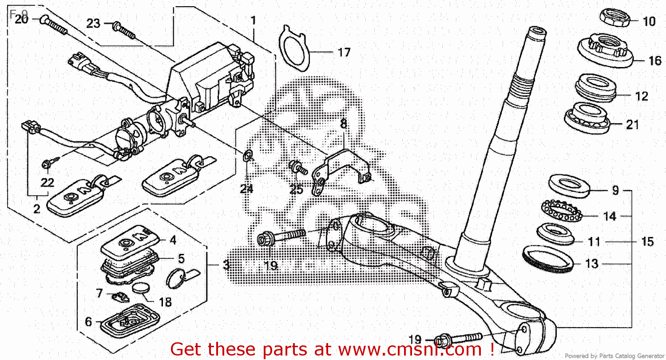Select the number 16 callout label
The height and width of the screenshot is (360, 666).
pyautogui.click(x=655, y=60)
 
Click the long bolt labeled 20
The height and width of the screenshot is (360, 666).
pyautogui.click(x=54, y=25)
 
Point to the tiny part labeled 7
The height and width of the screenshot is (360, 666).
pyautogui.click(x=120, y=295)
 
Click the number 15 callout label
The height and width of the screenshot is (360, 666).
pyautogui.click(x=647, y=242)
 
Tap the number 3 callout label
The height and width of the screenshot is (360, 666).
pyautogui.click(x=226, y=266)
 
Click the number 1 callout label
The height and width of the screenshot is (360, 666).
pyautogui.click(x=253, y=20)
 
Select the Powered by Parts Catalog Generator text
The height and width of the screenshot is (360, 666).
pyautogui.click(x=615, y=356)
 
